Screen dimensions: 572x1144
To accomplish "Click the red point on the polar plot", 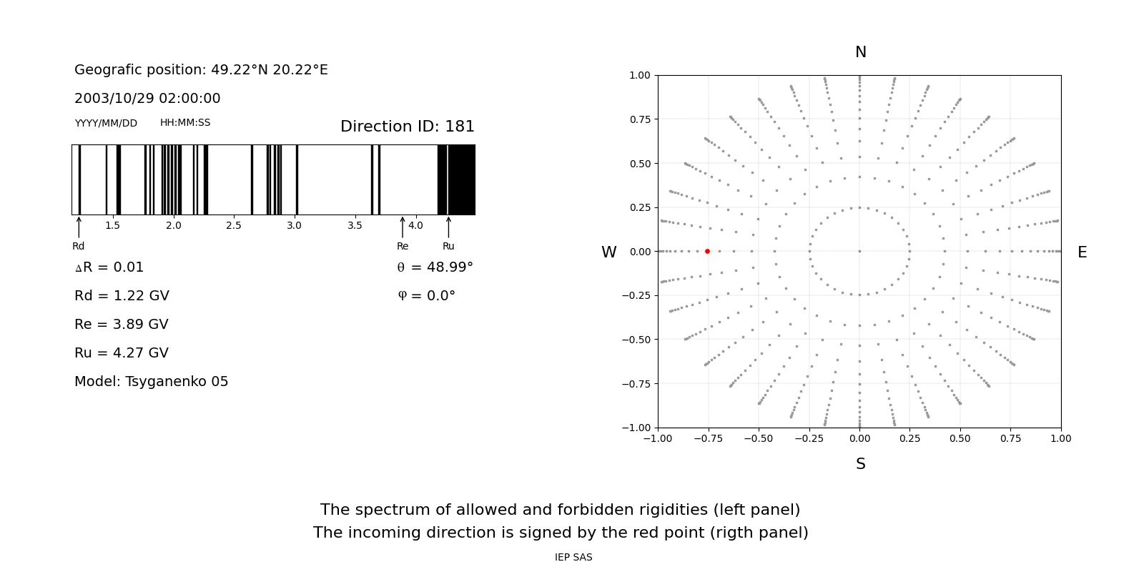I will (x=707, y=251).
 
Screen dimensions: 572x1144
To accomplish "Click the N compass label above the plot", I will (x=860, y=52).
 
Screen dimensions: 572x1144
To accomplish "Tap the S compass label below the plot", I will (x=860, y=464).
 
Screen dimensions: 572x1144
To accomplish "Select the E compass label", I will (x=1082, y=252).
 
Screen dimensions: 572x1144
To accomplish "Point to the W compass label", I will (x=608, y=252).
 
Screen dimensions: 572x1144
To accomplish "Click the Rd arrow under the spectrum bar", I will (x=79, y=227).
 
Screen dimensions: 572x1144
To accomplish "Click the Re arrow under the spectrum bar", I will (x=403, y=227).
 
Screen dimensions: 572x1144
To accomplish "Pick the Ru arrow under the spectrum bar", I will (x=448, y=227).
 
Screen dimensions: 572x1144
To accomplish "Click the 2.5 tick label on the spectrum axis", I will (x=234, y=226).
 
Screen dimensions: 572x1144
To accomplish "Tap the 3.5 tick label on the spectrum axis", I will (x=355, y=226).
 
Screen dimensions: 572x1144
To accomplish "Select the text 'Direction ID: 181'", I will (x=407, y=127).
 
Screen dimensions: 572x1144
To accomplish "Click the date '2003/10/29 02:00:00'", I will (x=147, y=99).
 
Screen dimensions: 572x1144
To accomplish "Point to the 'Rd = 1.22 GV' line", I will (x=122, y=296).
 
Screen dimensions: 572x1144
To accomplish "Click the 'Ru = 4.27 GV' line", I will (x=122, y=353).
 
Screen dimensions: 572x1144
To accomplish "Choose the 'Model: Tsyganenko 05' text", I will (x=151, y=382).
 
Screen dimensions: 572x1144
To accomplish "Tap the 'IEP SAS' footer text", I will (x=573, y=558).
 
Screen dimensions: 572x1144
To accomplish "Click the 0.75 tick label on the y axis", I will (x=639, y=119).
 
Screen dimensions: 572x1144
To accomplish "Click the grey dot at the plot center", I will (x=859, y=251).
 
